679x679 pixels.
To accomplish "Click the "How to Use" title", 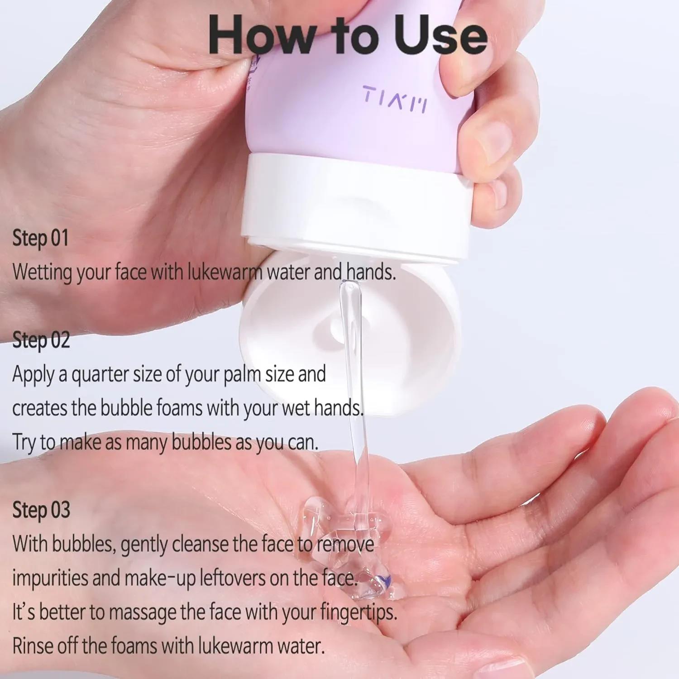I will (x=348, y=35).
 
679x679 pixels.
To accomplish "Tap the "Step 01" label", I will (x=40, y=239).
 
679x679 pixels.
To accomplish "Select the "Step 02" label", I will (x=41, y=340).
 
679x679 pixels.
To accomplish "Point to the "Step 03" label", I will (x=41, y=510).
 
